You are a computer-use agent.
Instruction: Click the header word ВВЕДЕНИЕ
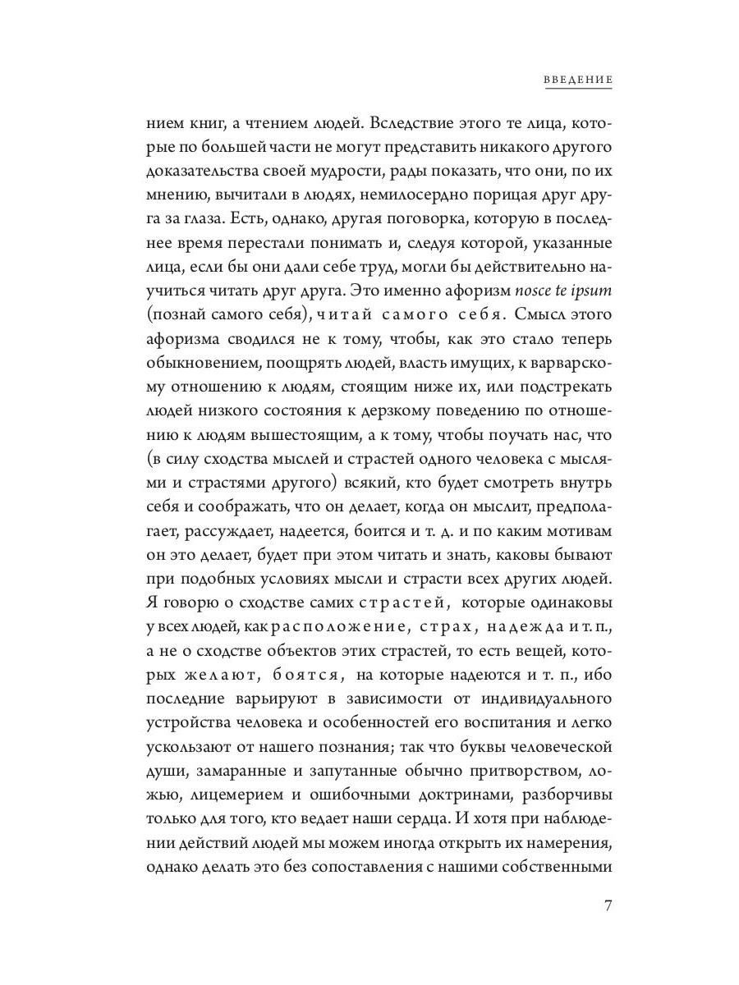(578, 80)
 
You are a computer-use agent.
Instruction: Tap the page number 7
(608, 906)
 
